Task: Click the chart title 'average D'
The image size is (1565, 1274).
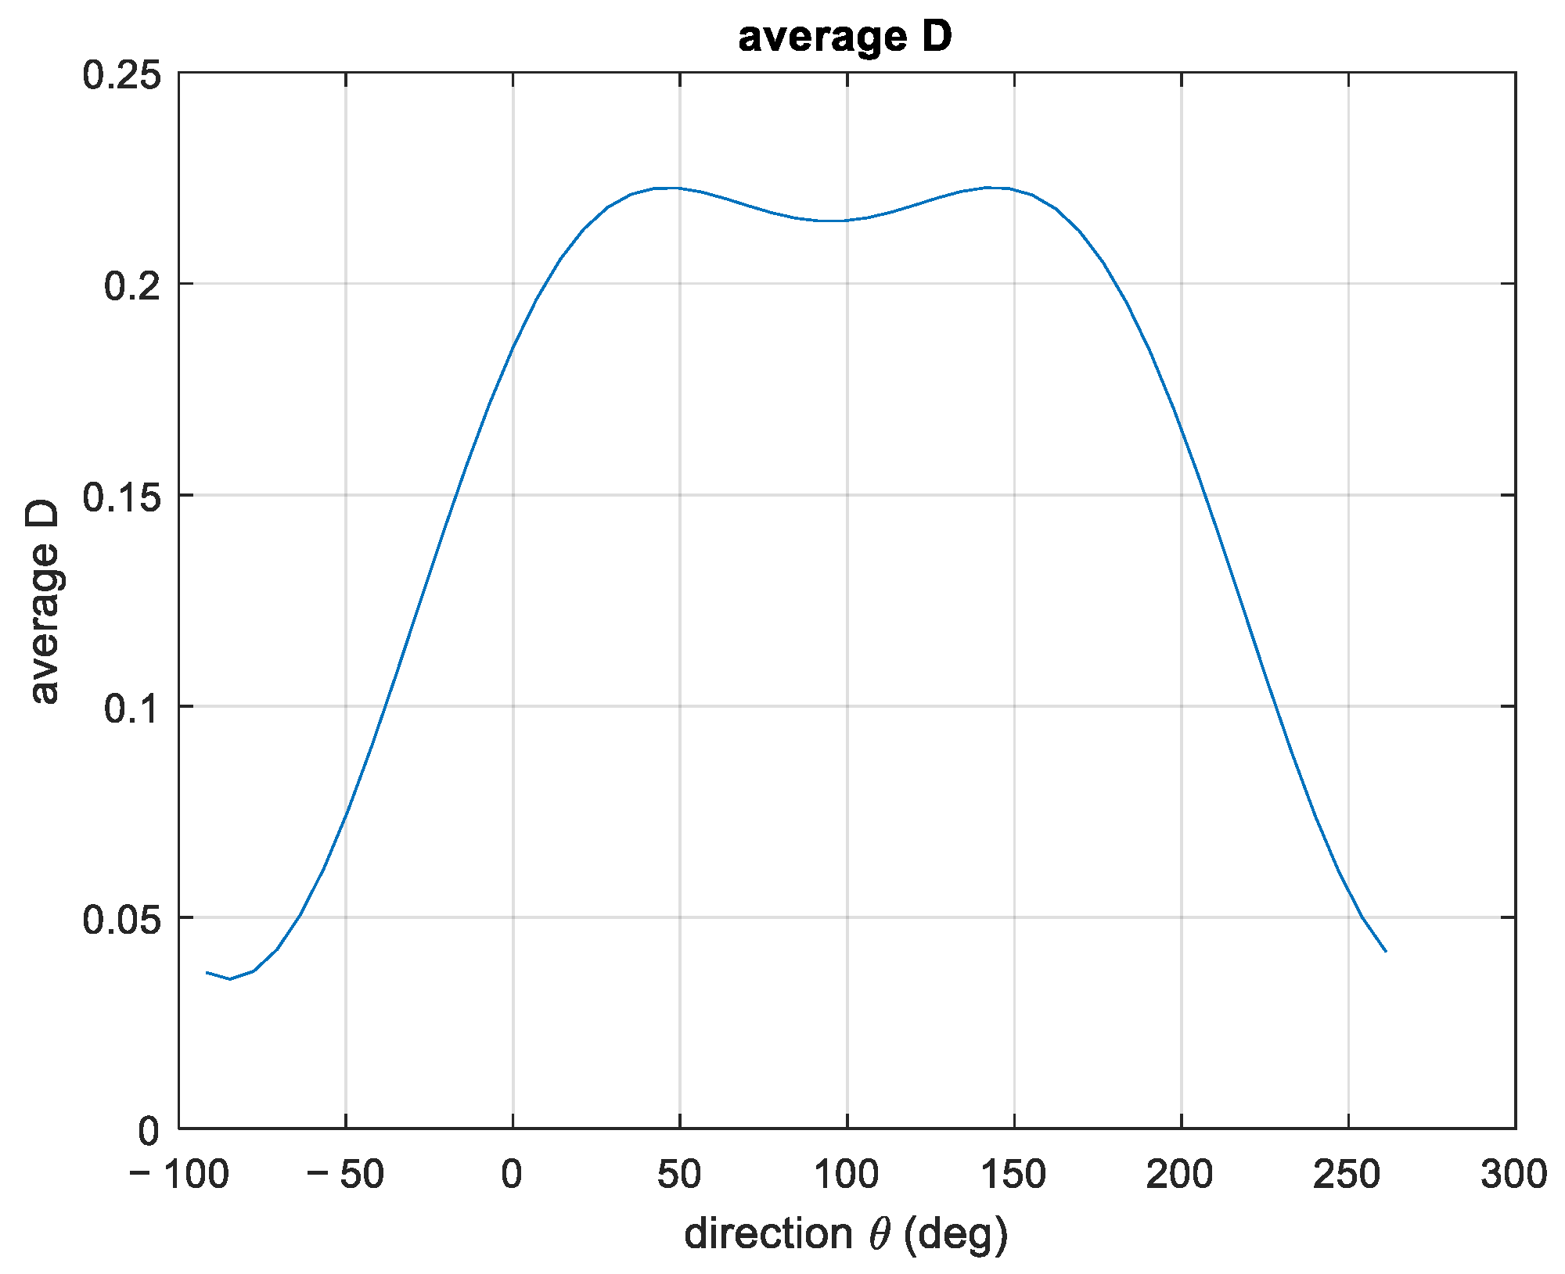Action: pos(845,37)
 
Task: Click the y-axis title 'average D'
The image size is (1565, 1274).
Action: pos(45,602)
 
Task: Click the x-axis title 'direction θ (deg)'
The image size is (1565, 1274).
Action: pos(846,1234)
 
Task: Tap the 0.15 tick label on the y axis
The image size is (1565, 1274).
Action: pos(121,497)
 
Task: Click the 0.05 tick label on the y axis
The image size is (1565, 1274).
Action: pos(121,920)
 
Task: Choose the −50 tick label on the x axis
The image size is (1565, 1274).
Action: pos(346,1175)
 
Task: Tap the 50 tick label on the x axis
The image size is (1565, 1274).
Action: pos(679,1175)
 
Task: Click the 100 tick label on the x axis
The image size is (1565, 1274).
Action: pos(847,1175)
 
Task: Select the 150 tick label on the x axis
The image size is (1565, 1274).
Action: pos(1014,1175)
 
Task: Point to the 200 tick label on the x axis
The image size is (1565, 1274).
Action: pos(1181,1175)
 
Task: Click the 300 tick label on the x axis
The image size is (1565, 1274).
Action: pos(1514,1175)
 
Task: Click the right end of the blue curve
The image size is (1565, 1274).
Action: pos(1386,951)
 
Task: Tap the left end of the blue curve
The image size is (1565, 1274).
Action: pos(207,972)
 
